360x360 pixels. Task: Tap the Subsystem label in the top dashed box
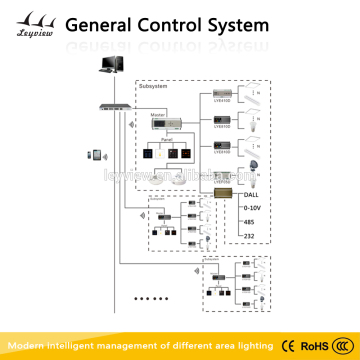tap(151, 87)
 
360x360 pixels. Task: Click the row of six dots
tap(150, 298)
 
